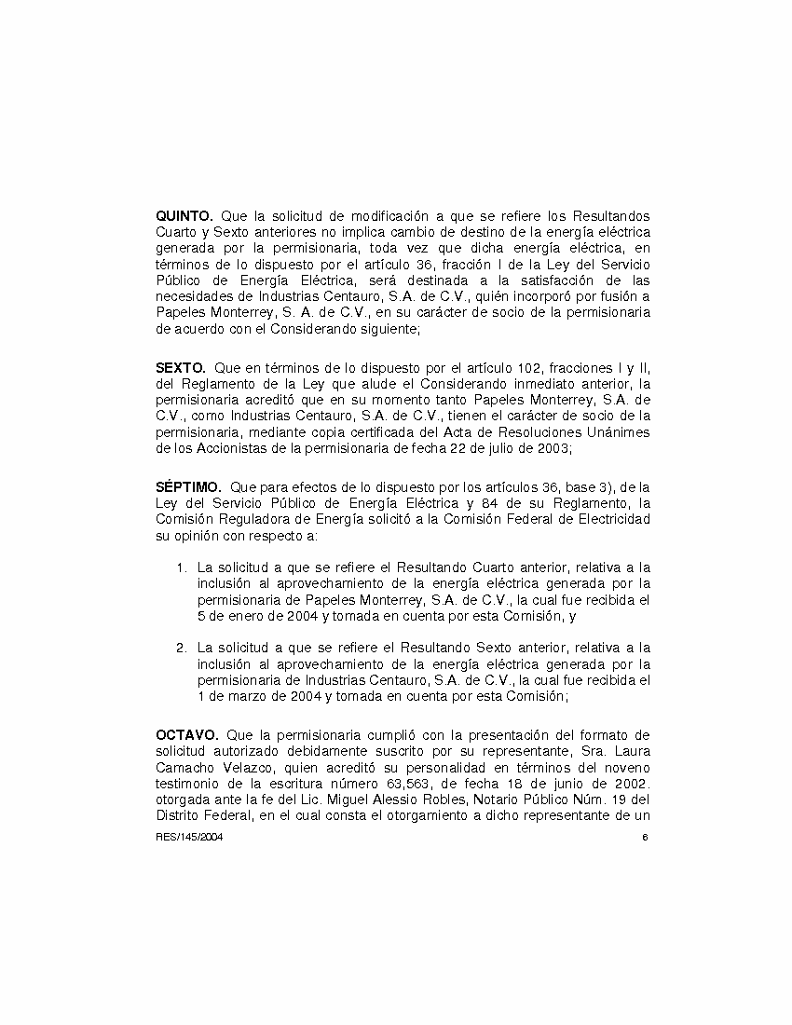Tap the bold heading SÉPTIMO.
[x=188, y=486]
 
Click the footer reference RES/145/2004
[x=189, y=837]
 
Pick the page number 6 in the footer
[x=645, y=837]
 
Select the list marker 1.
[x=182, y=567]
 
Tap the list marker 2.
[x=182, y=647]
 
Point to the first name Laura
[x=631, y=751]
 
